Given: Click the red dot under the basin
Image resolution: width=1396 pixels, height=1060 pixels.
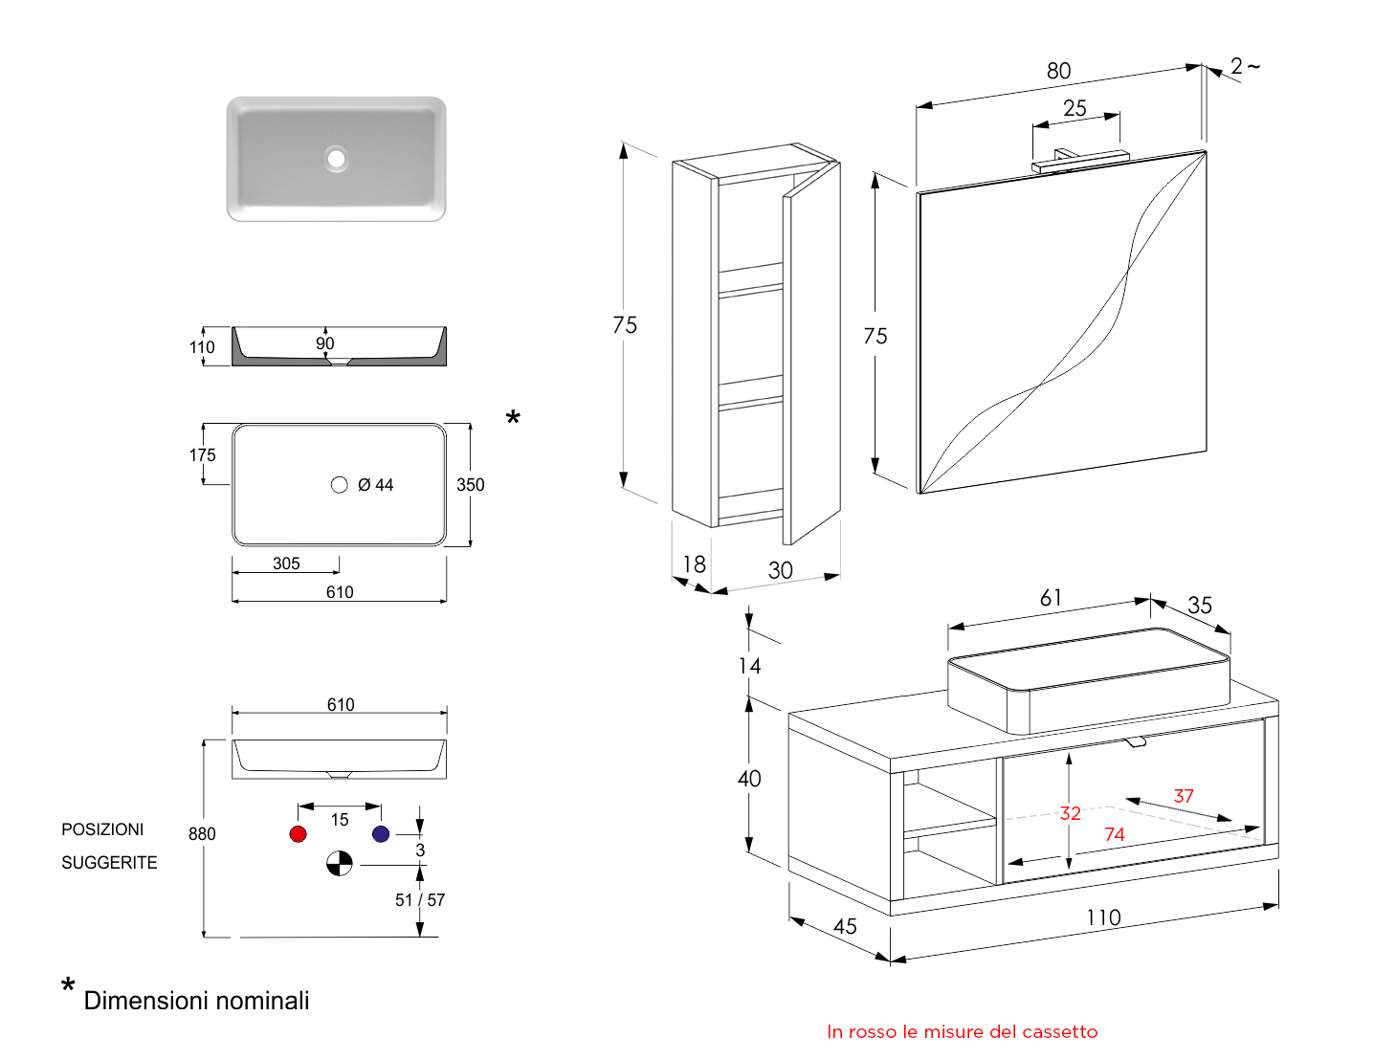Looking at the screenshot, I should coord(298,834).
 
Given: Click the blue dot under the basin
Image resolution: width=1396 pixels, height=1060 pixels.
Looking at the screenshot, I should coord(381,834).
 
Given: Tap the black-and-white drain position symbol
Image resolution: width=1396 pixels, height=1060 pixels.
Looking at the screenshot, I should coord(340,864).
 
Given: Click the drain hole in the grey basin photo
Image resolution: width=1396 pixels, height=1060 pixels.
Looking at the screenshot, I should coord(336,158).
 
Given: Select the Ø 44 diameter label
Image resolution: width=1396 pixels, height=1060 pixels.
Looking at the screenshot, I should coord(375,485).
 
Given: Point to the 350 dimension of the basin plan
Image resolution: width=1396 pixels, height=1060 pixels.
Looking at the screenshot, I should coord(470,485).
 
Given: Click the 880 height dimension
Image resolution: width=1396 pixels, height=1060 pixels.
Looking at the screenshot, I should coord(202,834).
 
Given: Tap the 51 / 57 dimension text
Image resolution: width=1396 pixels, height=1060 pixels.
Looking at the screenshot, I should coord(420,900).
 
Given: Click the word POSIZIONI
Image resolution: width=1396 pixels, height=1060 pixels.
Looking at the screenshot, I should coord(102,829).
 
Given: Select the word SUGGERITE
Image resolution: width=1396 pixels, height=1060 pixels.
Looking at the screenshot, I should coord(109,863).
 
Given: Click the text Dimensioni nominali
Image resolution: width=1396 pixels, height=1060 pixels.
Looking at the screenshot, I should coord(196,1001).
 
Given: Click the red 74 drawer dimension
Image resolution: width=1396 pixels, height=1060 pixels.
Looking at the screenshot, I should coord(1114,835).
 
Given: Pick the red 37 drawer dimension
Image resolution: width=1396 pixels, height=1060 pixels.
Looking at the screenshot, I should coord(1184,797).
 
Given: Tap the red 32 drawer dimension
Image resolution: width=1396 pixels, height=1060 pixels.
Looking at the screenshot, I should coord(1070,814).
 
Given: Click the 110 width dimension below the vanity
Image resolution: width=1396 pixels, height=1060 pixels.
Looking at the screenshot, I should coord(1103,918).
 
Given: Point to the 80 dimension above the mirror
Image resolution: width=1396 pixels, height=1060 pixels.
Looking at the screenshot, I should coord(1058,71).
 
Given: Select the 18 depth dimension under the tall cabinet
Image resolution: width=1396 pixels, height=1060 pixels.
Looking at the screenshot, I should coord(694,564).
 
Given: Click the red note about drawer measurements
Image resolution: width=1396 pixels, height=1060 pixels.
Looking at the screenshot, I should coord(962,1032).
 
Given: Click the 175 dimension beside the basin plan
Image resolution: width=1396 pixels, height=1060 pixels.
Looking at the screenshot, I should coord(202,455).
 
